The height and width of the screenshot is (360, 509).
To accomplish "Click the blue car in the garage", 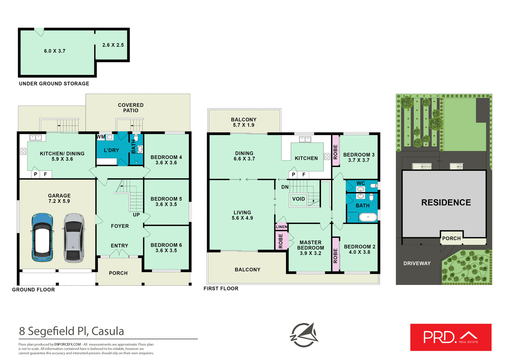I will (42, 237).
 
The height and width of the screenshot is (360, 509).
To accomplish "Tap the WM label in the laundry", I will (101, 137).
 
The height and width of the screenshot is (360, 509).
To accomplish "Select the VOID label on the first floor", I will (299, 199).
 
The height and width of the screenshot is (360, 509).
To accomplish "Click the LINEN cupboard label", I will (282, 227).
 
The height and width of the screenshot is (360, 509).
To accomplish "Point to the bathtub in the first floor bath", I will (368, 217).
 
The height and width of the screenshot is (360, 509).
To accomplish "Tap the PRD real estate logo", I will (451, 337).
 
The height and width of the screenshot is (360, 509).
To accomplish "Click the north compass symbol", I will (304, 335).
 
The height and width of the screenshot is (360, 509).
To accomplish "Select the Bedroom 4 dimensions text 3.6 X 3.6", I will (166, 163).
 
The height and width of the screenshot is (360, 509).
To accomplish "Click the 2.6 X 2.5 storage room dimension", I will (113, 45).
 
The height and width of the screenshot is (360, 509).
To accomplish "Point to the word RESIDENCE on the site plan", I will (446, 203).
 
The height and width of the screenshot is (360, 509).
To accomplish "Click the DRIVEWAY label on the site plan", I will (417, 263).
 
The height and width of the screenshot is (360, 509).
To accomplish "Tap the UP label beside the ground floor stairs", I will (136, 215).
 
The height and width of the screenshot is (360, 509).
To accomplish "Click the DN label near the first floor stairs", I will (285, 187).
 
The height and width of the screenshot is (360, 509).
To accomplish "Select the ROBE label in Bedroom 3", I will (336, 152).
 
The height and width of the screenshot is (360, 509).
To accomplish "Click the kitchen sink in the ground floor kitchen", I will (36, 137).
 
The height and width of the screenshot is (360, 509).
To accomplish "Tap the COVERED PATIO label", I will (131, 108).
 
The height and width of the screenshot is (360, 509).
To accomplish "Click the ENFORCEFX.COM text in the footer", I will (68, 344).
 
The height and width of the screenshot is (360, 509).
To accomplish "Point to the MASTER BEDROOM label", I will (310, 245).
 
